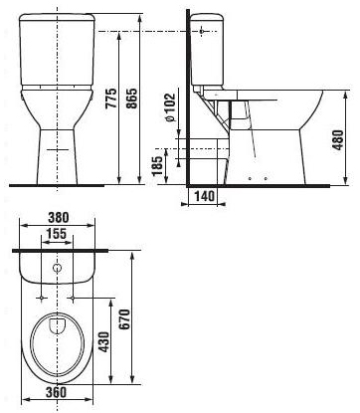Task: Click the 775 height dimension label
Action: click(112, 99)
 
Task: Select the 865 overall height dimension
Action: click(132, 99)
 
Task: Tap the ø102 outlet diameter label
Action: click(170, 107)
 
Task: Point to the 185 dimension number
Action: click(159, 166)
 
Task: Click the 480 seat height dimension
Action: click(338, 140)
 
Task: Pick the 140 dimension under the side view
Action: click(204, 196)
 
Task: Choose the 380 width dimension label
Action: click(58, 218)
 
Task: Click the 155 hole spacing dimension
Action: click(56, 234)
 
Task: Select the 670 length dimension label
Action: click(124, 319)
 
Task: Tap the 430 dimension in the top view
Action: click(103, 342)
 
